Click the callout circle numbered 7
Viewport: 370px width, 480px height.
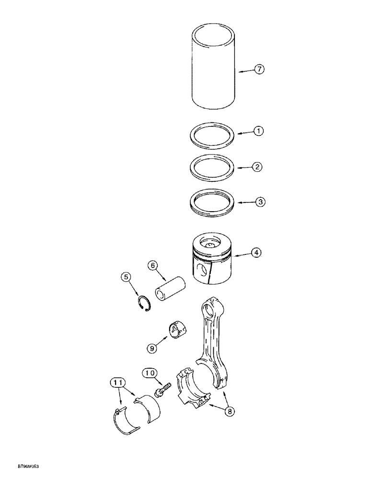(259, 70)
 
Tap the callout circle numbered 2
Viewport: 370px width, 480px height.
(257, 167)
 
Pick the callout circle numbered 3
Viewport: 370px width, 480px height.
(259, 203)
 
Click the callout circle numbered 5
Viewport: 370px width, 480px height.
(125, 277)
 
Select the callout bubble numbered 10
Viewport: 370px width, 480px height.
(149, 372)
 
